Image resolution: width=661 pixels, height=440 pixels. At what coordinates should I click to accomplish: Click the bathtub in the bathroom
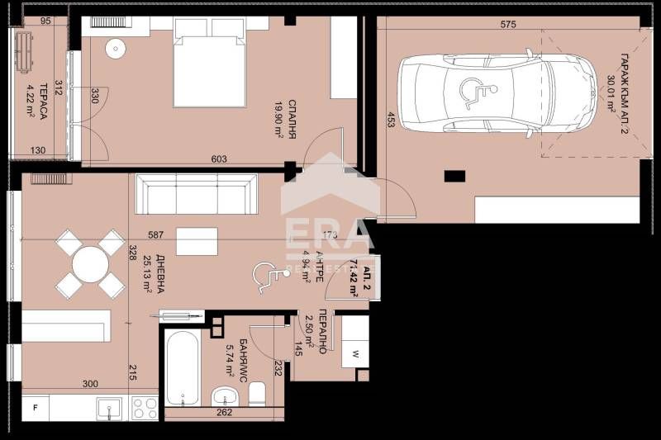tap(181, 367)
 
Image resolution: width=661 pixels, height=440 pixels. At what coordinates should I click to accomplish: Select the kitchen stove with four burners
tap(144, 408)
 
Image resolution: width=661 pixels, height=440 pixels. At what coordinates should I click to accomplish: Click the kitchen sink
tap(108, 408)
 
